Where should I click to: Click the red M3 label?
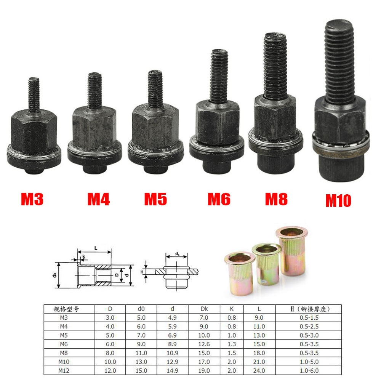32,199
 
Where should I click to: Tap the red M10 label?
338,200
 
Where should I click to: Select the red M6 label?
219,199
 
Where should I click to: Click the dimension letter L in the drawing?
96,248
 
